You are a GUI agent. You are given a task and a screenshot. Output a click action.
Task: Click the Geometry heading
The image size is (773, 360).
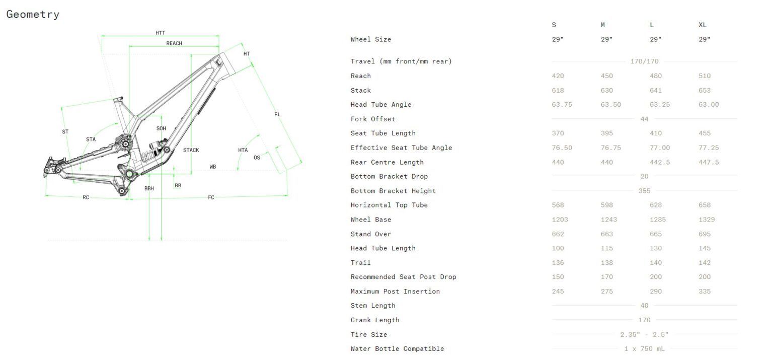click(x=33, y=15)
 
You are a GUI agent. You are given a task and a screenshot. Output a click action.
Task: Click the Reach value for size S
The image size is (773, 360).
click(x=558, y=76)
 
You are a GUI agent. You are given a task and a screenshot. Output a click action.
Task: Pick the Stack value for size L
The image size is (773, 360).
click(x=656, y=91)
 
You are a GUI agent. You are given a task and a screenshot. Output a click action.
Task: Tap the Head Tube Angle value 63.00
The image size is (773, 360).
click(x=709, y=105)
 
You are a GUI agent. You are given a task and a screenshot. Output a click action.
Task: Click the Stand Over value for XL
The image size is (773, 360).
click(x=705, y=234)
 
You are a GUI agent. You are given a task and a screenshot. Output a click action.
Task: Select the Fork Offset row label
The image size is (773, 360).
click(x=373, y=119)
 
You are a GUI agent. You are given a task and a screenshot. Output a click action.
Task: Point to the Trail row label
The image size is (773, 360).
click(x=360, y=263)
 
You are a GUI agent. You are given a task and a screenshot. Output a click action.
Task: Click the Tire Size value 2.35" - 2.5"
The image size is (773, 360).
click(x=644, y=334)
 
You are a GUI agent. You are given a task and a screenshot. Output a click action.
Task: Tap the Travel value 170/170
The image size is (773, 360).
click(x=644, y=61)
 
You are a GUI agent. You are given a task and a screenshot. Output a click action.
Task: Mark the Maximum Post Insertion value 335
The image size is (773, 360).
click(x=705, y=292)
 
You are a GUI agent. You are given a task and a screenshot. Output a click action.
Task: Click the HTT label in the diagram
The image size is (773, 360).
click(x=160, y=33)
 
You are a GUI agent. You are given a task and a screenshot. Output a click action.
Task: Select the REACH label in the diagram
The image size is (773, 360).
click(x=174, y=43)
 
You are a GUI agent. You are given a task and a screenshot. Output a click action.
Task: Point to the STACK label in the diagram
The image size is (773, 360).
click(x=191, y=150)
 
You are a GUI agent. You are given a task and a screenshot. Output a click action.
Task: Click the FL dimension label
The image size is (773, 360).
click(x=277, y=114)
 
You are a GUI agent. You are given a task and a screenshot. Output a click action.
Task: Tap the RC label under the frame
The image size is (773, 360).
click(x=86, y=197)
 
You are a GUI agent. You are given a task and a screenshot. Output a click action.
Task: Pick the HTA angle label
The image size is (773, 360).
click(x=243, y=150)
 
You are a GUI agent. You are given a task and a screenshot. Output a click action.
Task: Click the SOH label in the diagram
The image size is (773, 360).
click(x=161, y=128)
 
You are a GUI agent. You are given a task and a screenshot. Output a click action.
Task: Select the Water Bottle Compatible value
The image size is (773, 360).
click(x=644, y=349)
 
